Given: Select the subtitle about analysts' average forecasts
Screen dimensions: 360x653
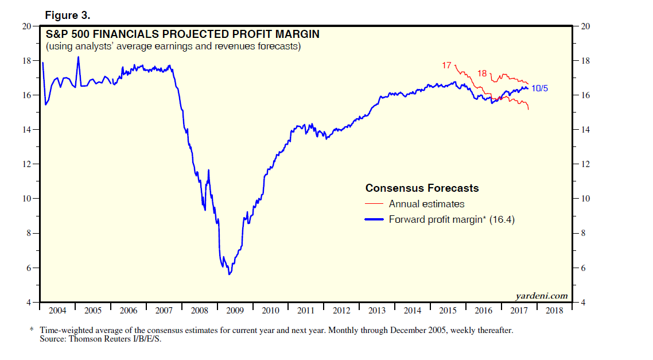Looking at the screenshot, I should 173,46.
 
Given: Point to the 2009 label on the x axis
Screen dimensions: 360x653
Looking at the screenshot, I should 235,311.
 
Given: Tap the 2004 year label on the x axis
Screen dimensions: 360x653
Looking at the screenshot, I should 57,311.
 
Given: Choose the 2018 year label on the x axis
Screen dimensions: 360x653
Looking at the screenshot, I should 554,311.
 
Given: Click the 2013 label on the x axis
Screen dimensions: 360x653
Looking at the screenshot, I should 377,311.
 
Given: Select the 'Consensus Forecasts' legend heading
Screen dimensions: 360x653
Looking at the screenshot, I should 422,188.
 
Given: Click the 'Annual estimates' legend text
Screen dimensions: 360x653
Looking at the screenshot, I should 426,204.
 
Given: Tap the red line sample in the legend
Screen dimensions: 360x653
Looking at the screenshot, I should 374,204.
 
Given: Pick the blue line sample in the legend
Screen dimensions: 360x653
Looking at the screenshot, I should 374,219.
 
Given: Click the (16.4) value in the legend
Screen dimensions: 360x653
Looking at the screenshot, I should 502,219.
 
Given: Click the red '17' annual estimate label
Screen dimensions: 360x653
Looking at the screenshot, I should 446,65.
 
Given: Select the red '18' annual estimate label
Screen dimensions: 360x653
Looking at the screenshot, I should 482,73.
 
